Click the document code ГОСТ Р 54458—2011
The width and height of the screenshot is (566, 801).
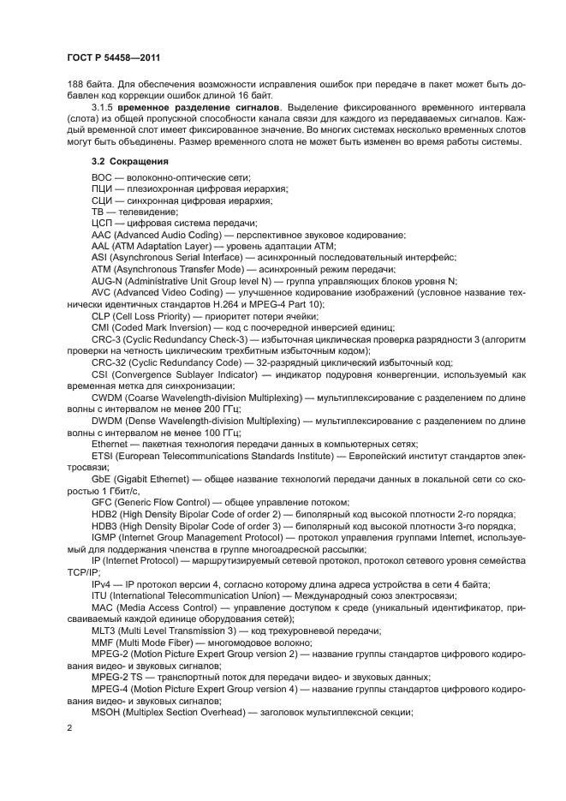[114, 57]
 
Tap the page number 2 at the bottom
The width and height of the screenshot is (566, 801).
[70, 727]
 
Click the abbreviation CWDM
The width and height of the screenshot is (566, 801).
[107, 398]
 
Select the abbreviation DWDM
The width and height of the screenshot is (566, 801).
[107, 421]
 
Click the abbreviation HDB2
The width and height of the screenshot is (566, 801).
[105, 514]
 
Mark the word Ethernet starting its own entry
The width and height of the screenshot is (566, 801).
[110, 445]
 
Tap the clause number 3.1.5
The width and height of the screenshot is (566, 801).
[103, 108]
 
